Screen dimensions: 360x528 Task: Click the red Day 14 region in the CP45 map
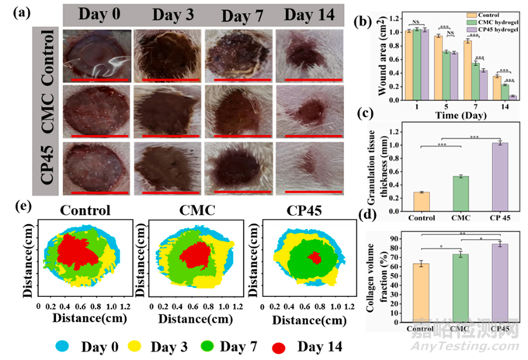tap(314, 257)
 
